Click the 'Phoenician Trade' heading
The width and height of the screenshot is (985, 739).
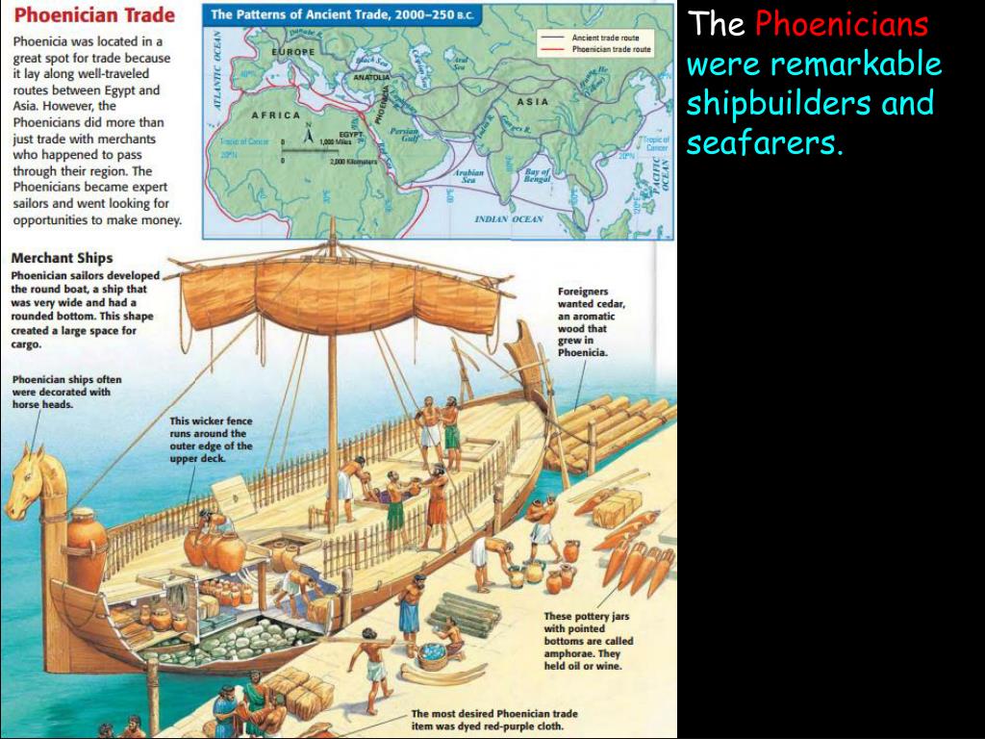tap(94, 15)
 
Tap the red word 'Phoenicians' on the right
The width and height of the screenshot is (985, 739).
tap(842, 24)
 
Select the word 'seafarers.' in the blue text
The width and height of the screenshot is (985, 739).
tap(765, 144)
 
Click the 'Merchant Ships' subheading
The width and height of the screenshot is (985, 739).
tap(62, 258)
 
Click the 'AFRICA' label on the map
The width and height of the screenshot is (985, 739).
tap(276, 115)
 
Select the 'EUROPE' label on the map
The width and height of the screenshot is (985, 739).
tap(292, 51)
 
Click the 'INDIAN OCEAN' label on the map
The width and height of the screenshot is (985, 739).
tap(509, 219)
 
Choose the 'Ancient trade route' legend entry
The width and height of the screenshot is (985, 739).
tap(606, 37)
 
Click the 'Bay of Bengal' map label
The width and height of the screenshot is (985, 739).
tap(536, 175)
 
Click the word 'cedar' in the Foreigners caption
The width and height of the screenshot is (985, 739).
tap(608, 304)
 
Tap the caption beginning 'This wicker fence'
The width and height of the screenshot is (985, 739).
tap(211, 440)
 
